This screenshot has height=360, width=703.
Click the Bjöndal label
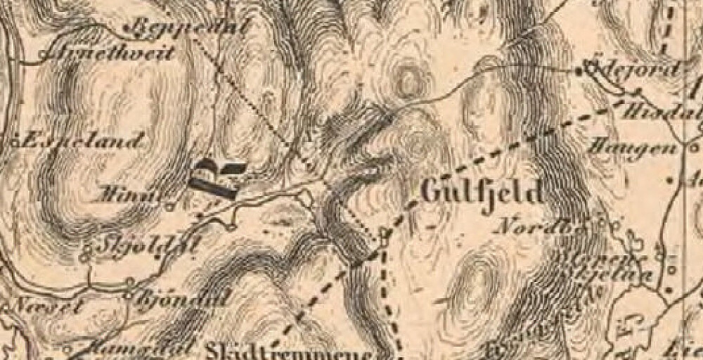pyautogui.click(x=179, y=297)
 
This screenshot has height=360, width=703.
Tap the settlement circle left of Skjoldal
pyautogui.click(x=87, y=248)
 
